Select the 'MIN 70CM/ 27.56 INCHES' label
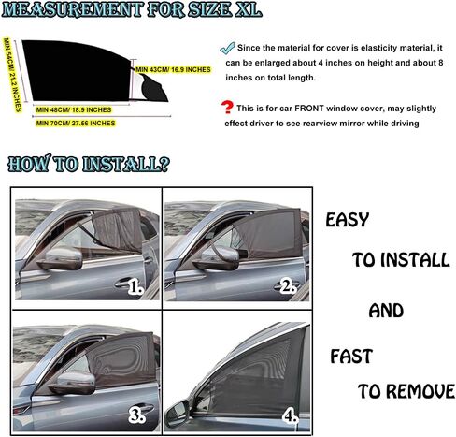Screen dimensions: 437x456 tap(76, 123)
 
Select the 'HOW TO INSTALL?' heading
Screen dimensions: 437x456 tap(89, 165)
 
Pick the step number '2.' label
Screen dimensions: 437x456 tap(287, 287)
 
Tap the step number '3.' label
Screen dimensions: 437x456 tap(135, 414)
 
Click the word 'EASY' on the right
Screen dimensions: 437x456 tap(347, 221)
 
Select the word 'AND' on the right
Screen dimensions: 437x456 tap(386, 310)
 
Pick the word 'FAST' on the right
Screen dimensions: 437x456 tap(351, 357)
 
